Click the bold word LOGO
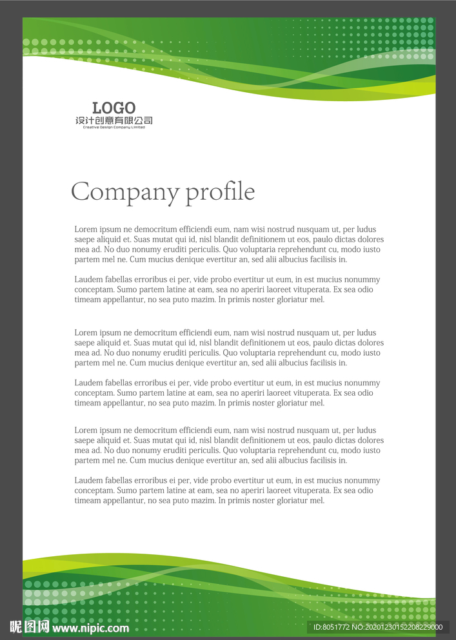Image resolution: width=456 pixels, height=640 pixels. point(114,108)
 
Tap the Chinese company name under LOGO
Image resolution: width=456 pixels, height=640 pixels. point(114,121)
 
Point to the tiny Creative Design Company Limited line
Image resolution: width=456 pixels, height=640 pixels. point(114,127)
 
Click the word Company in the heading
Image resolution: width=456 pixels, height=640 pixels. point(124,192)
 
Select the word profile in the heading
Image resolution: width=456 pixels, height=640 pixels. point(221,192)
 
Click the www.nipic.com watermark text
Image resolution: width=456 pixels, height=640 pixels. point(90,628)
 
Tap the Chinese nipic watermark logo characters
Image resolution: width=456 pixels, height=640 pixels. point(29,627)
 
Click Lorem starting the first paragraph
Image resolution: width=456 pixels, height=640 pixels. point(86,229)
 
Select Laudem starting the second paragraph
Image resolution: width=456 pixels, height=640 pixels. point(88,280)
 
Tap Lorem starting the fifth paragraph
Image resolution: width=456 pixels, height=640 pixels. point(86,431)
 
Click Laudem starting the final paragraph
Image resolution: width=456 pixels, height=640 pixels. point(88,481)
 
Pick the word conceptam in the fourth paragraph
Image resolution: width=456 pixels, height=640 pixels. point(94,393)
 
